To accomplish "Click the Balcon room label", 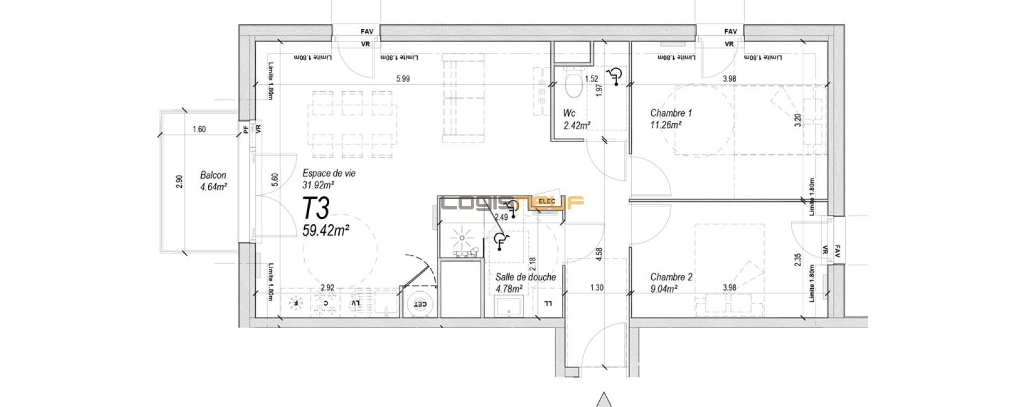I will pos(213,175).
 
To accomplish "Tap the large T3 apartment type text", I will pos(316,208).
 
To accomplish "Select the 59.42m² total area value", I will pos(325,231).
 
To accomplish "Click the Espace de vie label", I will pos(329,173).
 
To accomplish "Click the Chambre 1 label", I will pos(671,113).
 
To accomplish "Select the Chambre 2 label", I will pos(671,277).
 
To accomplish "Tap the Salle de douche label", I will pos(525,277).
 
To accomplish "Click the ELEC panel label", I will pos(546,201).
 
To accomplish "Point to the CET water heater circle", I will pos(419,305).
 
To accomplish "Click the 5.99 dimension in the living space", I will pos(402,79).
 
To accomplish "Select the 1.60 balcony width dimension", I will pos(199,129).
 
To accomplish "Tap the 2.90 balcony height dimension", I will pos(179,181).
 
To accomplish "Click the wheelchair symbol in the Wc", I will pos(613,77).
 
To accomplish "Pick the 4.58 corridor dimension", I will pos(599,255).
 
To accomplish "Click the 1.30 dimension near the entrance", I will pos(597,288).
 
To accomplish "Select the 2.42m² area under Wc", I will pos(576,125).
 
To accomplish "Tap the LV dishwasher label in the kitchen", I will pos(355,304).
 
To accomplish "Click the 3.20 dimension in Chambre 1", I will pos(798,120).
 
